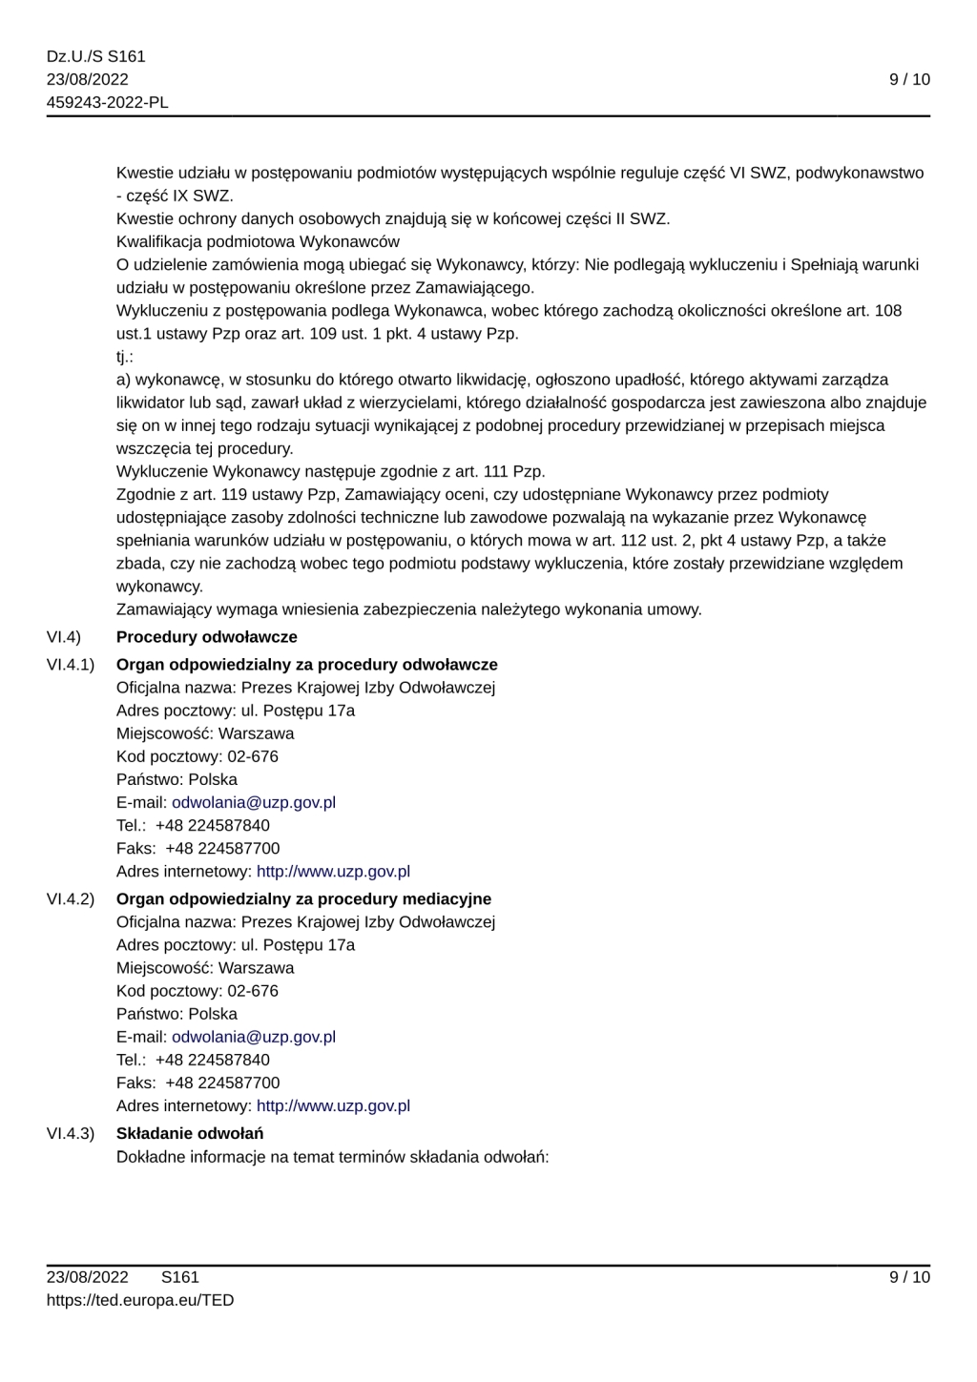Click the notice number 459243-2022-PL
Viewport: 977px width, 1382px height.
[x=107, y=102]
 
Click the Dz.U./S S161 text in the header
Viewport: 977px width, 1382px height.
[x=95, y=56]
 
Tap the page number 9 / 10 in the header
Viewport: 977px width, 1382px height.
[x=908, y=79]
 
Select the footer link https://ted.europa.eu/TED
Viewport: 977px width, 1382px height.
[x=139, y=1300]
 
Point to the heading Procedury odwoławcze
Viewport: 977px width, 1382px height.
[x=206, y=637]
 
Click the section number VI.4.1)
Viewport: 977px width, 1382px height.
[x=70, y=665]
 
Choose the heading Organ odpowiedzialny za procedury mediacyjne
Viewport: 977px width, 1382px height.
[x=303, y=898]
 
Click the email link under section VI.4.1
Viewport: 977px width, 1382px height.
[x=254, y=802]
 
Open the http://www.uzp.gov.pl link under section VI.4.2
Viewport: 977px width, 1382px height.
[x=333, y=1105]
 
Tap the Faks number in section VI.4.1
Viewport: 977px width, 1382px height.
[x=222, y=848]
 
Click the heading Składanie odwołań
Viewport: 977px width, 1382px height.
[x=190, y=1133]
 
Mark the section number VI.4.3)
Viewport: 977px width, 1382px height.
[x=70, y=1133]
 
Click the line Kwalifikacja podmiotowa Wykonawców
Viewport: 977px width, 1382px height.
[x=258, y=241]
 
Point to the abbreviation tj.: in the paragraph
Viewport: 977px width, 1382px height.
[x=125, y=357]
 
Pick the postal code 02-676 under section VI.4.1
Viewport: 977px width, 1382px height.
[x=253, y=756]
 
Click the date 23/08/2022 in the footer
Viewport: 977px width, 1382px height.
[x=87, y=1277]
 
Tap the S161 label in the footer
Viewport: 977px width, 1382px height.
[x=180, y=1277]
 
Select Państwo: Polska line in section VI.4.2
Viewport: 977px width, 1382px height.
[x=177, y=1014]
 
